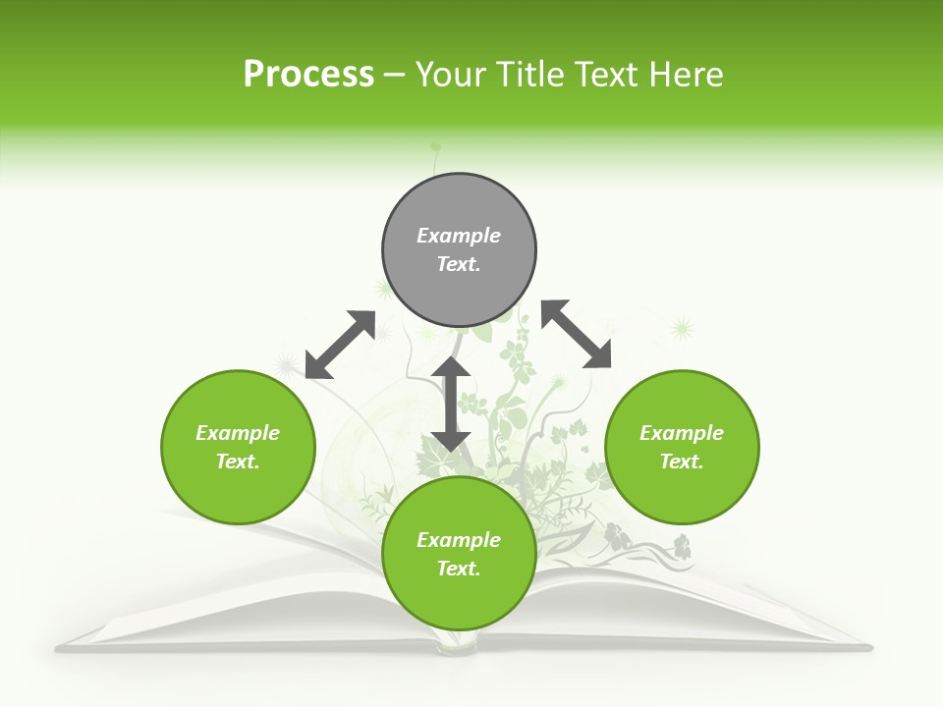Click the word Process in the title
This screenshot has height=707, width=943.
(308, 74)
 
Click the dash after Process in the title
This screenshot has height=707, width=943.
(394, 75)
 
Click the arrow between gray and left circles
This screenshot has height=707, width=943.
(340, 345)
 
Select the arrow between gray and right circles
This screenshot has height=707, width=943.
(577, 334)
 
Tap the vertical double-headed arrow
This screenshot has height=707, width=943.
(451, 404)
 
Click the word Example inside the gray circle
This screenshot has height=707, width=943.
(459, 236)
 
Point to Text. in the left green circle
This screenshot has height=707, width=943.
(238, 462)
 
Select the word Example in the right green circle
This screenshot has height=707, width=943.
(682, 433)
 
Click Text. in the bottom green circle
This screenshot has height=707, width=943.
(459, 569)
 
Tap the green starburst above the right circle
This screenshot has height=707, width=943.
(680, 328)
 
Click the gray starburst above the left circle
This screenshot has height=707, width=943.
(287, 366)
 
